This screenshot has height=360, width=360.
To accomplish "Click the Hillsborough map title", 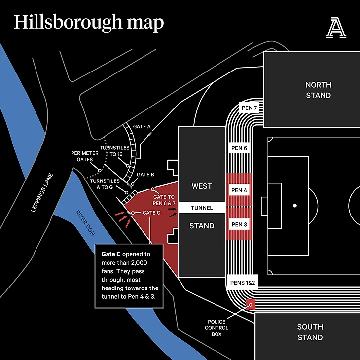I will tap(89, 23).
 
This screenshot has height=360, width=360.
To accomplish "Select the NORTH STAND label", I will tap(318, 90).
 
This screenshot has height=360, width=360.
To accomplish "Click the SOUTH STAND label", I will tap(310, 332).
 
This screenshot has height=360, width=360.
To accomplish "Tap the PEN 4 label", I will tap(239, 190).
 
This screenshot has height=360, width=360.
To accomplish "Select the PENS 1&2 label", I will tap(242, 283).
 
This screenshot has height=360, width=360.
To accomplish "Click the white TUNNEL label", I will tap(202, 208).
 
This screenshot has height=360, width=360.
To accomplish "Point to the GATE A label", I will tap(142, 127).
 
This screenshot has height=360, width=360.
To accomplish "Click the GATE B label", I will tap(145, 175).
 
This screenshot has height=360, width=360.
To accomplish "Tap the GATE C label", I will tap(151, 213).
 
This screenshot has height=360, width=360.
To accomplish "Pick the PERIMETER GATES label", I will tap(82, 156).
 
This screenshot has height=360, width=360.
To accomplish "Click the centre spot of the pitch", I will tap(295, 206).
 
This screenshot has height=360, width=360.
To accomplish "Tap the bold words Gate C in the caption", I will tap(111, 254).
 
